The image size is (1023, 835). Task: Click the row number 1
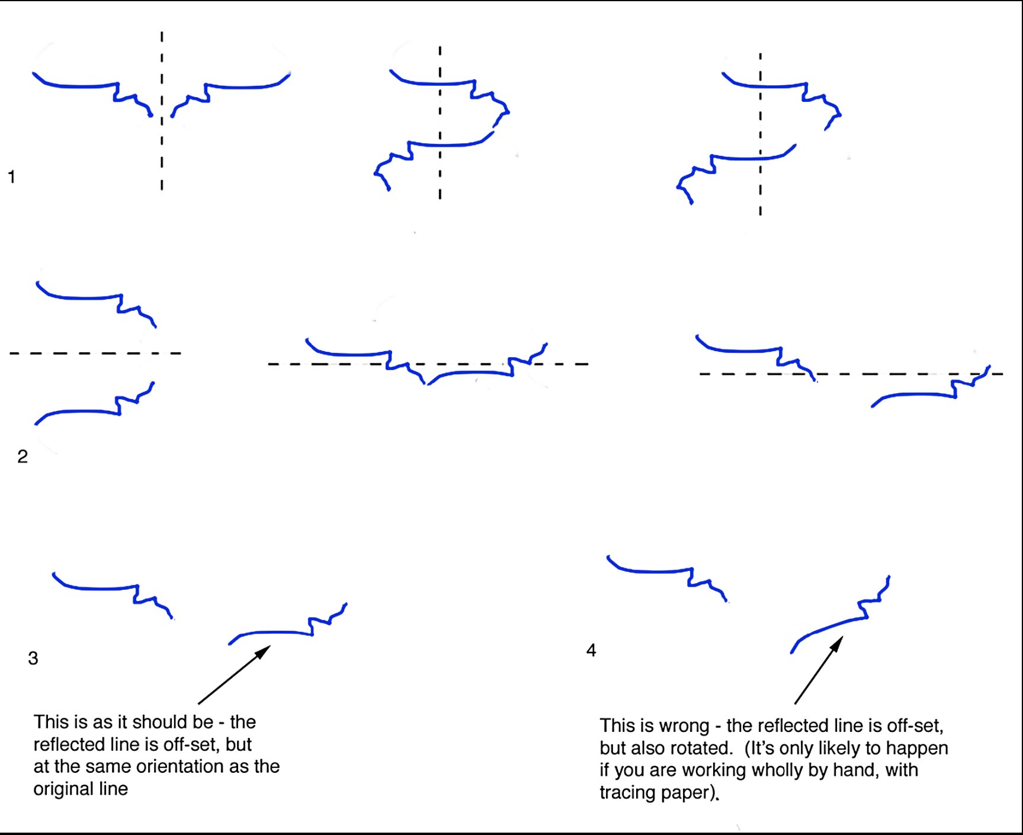(x=11, y=176)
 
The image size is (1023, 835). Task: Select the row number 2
(x=23, y=457)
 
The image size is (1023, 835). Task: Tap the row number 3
(x=33, y=659)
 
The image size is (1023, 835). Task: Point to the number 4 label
(x=591, y=650)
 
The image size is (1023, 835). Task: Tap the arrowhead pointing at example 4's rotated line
(x=838, y=644)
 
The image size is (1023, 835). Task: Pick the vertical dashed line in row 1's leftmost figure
(x=162, y=111)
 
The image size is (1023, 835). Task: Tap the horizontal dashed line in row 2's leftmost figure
(x=95, y=354)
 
